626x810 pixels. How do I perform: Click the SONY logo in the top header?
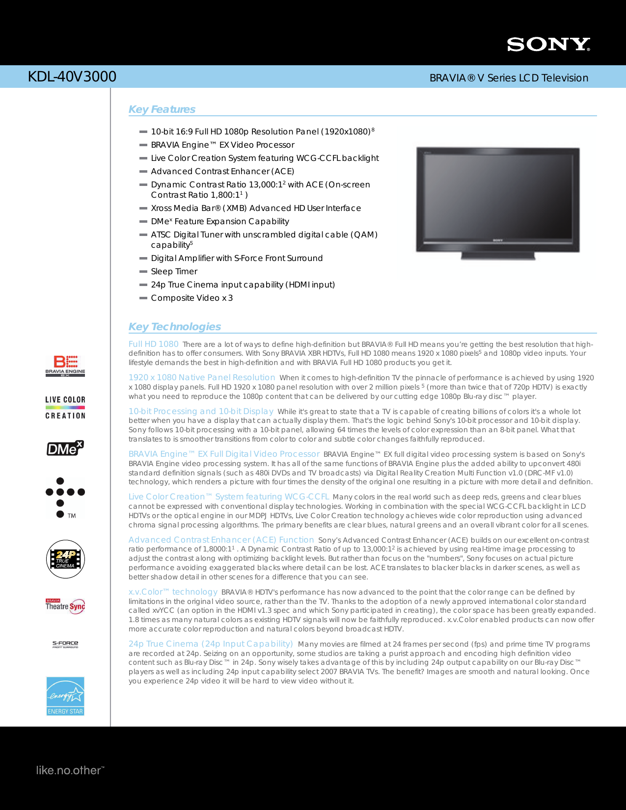click(x=548, y=45)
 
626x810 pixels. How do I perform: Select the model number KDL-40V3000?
click(x=72, y=77)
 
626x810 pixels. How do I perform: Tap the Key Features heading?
click(x=162, y=109)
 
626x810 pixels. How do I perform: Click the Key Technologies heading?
click(x=175, y=327)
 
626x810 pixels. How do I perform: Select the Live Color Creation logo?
click(x=65, y=407)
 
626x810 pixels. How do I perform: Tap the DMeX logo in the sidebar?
click(x=65, y=448)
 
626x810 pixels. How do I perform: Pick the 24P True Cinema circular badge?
click(x=65, y=559)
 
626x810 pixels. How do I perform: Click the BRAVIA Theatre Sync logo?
click(x=65, y=606)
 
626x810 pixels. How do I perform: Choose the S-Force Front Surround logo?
click(x=65, y=644)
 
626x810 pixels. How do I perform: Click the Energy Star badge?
click(x=65, y=696)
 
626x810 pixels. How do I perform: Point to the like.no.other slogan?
click(x=70, y=770)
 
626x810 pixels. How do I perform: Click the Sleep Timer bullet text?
click(x=174, y=271)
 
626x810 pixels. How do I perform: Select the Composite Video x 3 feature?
click(x=191, y=298)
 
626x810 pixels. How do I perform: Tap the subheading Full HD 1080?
click(x=154, y=344)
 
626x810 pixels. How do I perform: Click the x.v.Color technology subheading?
click(x=173, y=592)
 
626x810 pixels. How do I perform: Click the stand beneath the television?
click(x=497, y=255)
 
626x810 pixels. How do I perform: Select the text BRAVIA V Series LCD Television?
click(x=509, y=78)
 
